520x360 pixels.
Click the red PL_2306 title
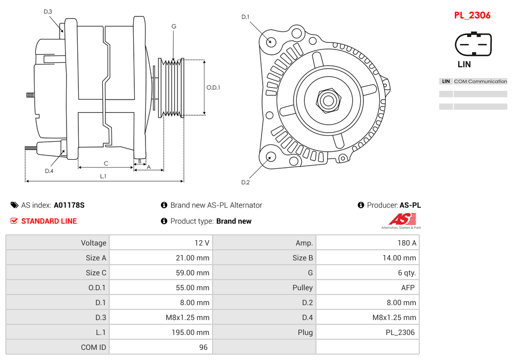click(472, 15)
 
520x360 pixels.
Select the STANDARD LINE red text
click(49, 221)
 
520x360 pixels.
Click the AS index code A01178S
click(69, 205)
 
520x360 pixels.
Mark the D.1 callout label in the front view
click(245, 17)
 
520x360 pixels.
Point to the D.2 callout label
click(245, 183)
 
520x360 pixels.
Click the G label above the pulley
click(174, 27)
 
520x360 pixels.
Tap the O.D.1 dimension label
click(214, 87)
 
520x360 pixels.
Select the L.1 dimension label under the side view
click(103, 176)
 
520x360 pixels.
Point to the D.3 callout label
click(48, 12)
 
